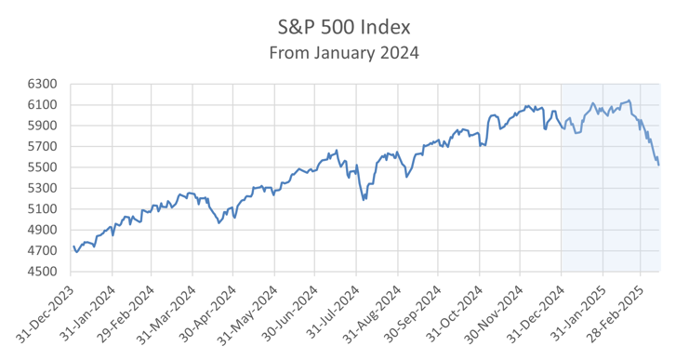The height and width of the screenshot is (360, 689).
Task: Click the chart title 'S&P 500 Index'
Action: (344, 25)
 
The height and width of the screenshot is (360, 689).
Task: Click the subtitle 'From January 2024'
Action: (344, 52)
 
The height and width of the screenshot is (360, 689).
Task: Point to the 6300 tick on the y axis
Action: (44, 84)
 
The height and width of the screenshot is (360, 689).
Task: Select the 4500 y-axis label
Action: (44, 272)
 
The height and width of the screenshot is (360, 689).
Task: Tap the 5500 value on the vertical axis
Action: (44, 167)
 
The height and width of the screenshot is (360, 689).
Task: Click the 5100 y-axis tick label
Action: (44, 209)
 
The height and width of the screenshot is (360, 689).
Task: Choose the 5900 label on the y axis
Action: (44, 126)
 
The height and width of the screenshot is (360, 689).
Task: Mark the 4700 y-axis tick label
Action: (44, 251)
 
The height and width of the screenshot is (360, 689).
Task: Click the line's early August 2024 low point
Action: (364, 199)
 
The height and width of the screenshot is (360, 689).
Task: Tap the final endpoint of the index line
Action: (659, 165)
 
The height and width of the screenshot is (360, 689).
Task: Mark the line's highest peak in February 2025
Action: (629, 100)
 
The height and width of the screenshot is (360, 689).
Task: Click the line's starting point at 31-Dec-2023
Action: (73, 247)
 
